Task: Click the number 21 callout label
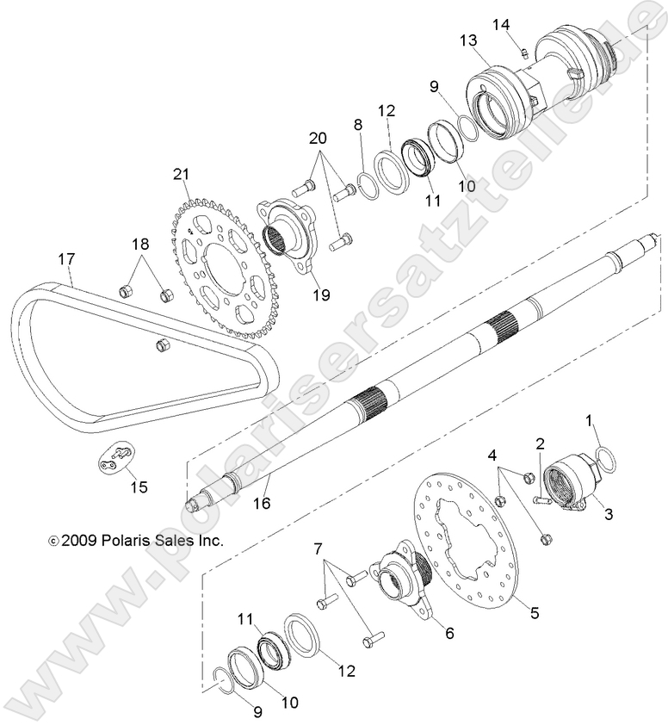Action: click(x=179, y=176)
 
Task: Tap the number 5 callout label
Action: click(x=534, y=614)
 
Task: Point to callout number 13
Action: click(x=467, y=40)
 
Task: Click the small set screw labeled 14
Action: click(x=523, y=53)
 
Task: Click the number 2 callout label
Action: click(x=540, y=444)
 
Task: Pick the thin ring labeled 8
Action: click(x=366, y=183)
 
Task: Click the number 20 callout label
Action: click(x=317, y=139)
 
